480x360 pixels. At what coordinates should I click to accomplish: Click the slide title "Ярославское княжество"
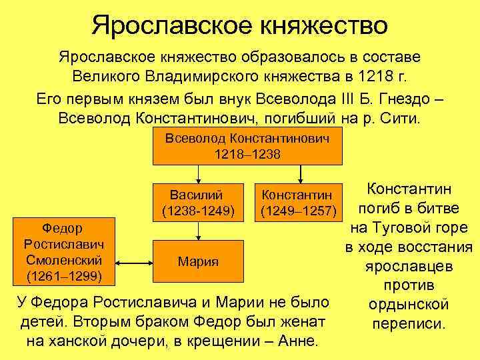pyautogui.click(x=240, y=25)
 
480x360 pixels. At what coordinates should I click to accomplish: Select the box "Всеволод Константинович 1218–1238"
pyautogui.click(x=248, y=146)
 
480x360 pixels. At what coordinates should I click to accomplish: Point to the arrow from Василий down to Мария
pyautogui.click(x=198, y=231)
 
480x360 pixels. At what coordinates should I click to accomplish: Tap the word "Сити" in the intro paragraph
pyautogui.click(x=402, y=119)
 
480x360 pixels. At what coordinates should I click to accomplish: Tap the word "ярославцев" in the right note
pyautogui.click(x=409, y=266)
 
